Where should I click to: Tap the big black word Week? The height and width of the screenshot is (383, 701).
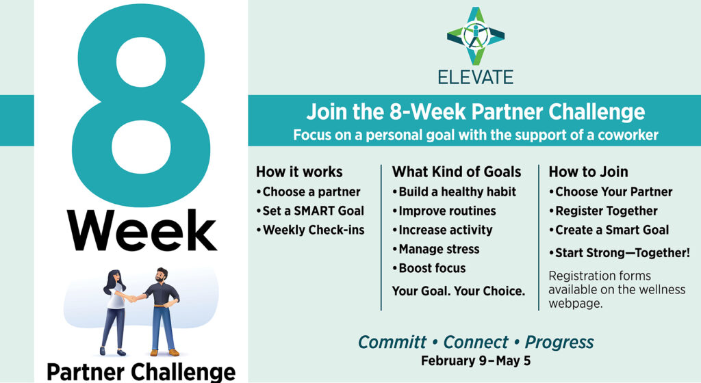click(142, 230)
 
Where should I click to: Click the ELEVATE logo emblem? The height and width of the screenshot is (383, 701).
click(475, 36)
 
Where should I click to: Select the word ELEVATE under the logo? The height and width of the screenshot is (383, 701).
click(475, 77)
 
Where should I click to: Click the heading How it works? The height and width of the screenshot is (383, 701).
click(299, 172)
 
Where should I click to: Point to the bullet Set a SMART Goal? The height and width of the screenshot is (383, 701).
click(310, 211)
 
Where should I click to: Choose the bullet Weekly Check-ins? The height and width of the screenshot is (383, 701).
click(310, 230)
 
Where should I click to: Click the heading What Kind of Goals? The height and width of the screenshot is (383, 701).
click(457, 172)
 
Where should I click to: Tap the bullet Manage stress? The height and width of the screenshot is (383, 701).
click(436, 249)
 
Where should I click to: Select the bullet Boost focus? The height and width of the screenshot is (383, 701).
click(429, 268)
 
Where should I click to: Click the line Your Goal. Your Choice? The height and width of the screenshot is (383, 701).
click(458, 291)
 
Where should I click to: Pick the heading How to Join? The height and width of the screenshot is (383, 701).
click(588, 172)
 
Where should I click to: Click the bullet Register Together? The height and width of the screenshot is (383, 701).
click(604, 211)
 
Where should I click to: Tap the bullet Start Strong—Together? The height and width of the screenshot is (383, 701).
click(620, 252)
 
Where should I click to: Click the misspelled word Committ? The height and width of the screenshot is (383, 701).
click(392, 342)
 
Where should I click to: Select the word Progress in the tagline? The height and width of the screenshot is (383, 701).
click(559, 343)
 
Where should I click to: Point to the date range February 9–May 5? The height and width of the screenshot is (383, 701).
click(476, 360)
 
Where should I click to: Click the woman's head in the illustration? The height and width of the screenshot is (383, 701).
click(114, 278)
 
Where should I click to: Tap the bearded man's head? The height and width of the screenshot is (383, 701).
click(162, 274)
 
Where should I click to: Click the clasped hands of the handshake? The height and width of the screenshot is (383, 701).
click(132, 298)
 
